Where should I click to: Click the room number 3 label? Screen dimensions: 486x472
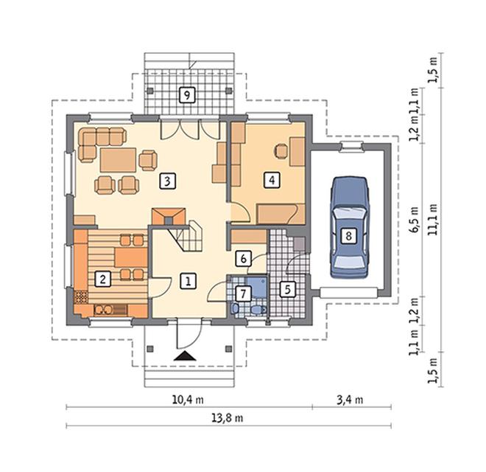point(167,181)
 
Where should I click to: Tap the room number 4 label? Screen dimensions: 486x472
point(272,180)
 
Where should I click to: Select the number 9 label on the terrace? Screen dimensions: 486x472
point(187,95)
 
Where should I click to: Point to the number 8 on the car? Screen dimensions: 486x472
point(349,236)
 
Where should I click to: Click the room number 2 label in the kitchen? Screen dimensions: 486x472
point(102,279)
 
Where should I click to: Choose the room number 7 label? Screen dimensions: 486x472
point(243,294)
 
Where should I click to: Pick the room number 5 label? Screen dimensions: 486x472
point(288,290)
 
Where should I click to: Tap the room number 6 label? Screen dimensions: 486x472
point(243,259)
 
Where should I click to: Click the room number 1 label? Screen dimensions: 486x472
point(188,281)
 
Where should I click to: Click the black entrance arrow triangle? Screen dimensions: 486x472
point(185,356)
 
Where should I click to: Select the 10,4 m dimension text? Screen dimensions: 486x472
point(188,400)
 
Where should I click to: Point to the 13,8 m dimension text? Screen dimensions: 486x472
point(228,418)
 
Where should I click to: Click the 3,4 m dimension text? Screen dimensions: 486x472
point(350,400)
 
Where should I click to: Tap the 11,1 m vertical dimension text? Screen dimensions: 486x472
point(433,220)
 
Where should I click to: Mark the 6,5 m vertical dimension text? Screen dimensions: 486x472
point(415,220)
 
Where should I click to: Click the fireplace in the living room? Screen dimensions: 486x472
point(169,217)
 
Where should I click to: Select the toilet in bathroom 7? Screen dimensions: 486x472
point(258,310)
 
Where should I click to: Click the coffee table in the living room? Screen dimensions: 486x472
point(118,160)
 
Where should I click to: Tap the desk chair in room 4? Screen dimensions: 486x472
point(281,151)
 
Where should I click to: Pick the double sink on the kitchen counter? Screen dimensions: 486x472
point(104,310)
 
